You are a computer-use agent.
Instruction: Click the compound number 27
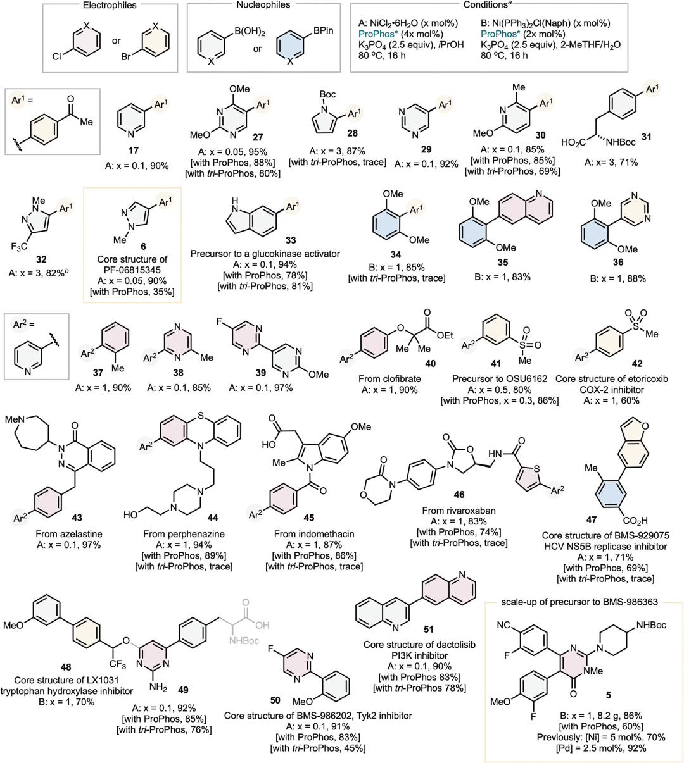click(258, 137)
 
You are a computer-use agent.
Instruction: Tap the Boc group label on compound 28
click(327, 94)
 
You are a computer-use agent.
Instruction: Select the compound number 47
click(591, 520)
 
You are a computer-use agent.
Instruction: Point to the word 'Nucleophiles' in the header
click(263, 5)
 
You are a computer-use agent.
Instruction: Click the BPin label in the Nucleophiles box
click(324, 30)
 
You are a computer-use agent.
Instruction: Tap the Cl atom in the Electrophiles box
click(56, 57)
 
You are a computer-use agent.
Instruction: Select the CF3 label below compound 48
click(118, 664)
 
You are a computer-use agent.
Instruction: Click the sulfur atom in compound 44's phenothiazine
click(200, 416)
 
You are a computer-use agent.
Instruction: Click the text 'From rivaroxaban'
click(459, 511)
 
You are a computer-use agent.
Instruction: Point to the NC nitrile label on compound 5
click(503, 626)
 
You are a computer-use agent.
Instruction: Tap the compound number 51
click(428, 629)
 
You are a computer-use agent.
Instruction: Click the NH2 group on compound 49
click(158, 687)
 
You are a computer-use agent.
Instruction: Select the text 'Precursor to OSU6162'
click(500, 378)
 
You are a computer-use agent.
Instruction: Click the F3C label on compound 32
click(19, 247)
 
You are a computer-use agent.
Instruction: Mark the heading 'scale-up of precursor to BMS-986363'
click(579, 602)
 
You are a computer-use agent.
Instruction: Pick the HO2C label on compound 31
click(574, 142)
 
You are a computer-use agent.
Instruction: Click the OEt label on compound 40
click(445, 335)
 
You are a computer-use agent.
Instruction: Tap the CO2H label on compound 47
click(635, 521)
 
